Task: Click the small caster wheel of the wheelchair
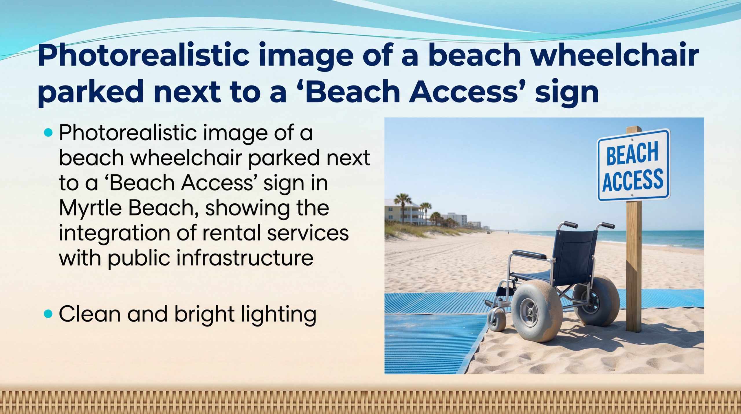497,321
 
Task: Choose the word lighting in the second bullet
278,315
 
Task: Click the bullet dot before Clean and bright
49,314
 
